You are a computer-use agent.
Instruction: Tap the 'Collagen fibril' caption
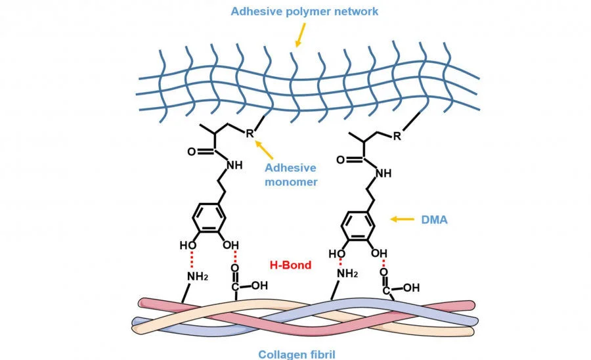pyautogui.click(x=295, y=354)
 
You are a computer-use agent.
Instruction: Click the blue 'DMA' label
pyautogui.click(x=434, y=220)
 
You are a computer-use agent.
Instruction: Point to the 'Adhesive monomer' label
pyautogui.click(x=291, y=175)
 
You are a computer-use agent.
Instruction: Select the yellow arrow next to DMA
pyautogui.click(x=401, y=219)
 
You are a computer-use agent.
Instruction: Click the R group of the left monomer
pyautogui.click(x=250, y=133)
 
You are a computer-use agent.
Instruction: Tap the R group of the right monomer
pyautogui.click(x=398, y=137)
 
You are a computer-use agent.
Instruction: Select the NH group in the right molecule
pyautogui.click(x=383, y=173)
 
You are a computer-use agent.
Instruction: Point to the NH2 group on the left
pyautogui.click(x=198, y=277)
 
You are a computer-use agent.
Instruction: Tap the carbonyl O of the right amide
pyautogui.click(x=340, y=160)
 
